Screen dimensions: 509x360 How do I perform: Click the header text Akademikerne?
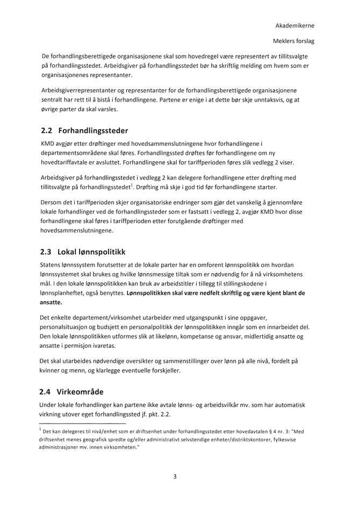[x=295, y=25]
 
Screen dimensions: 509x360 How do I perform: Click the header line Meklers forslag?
[x=294, y=41]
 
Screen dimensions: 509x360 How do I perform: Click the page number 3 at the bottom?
[x=175, y=477]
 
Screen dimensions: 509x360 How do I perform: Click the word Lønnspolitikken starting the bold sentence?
[x=152, y=293]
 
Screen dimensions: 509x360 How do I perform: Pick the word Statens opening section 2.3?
[x=52, y=264]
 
